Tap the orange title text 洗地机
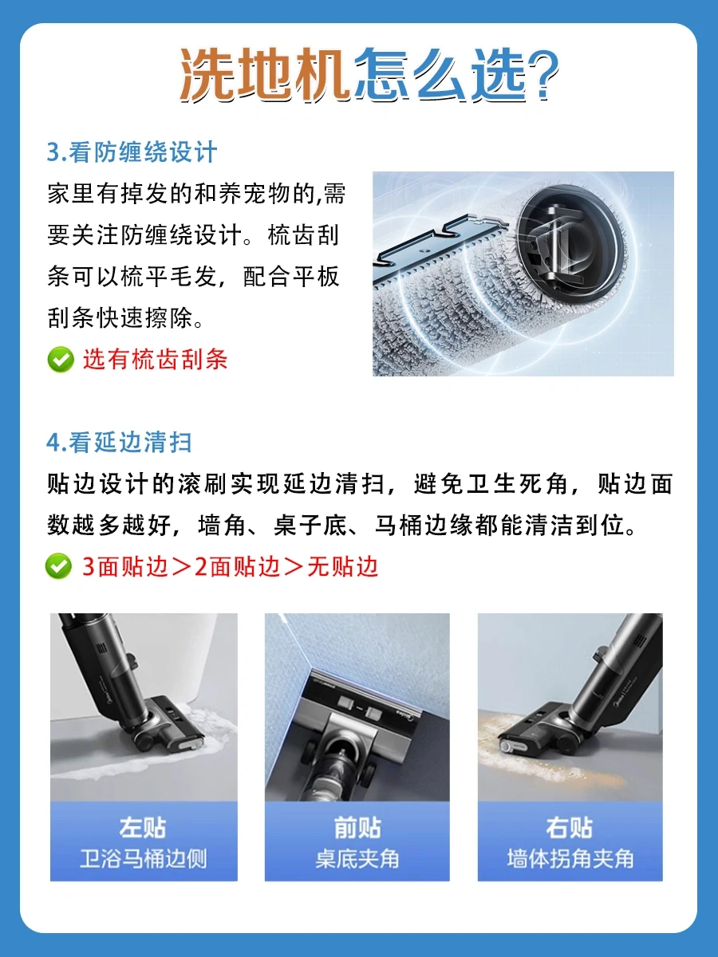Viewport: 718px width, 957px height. coord(264,74)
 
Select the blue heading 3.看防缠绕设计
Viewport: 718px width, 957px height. coord(132,152)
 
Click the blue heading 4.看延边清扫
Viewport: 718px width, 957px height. coord(119,443)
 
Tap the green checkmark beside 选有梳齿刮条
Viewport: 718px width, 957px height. coord(61,360)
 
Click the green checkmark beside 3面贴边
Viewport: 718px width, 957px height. coord(58,566)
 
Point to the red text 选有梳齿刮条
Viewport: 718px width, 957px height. coord(156,360)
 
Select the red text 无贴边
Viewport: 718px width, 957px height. coord(343,567)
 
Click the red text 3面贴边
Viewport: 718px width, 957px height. coord(125,567)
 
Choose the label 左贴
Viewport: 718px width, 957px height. coord(143,829)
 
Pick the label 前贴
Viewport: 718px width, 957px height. coord(357,829)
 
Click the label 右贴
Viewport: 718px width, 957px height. coord(570,829)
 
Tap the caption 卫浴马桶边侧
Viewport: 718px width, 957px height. coord(144,860)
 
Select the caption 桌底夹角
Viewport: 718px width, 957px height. coord(357,860)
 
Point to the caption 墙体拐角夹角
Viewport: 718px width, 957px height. coord(570,860)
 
